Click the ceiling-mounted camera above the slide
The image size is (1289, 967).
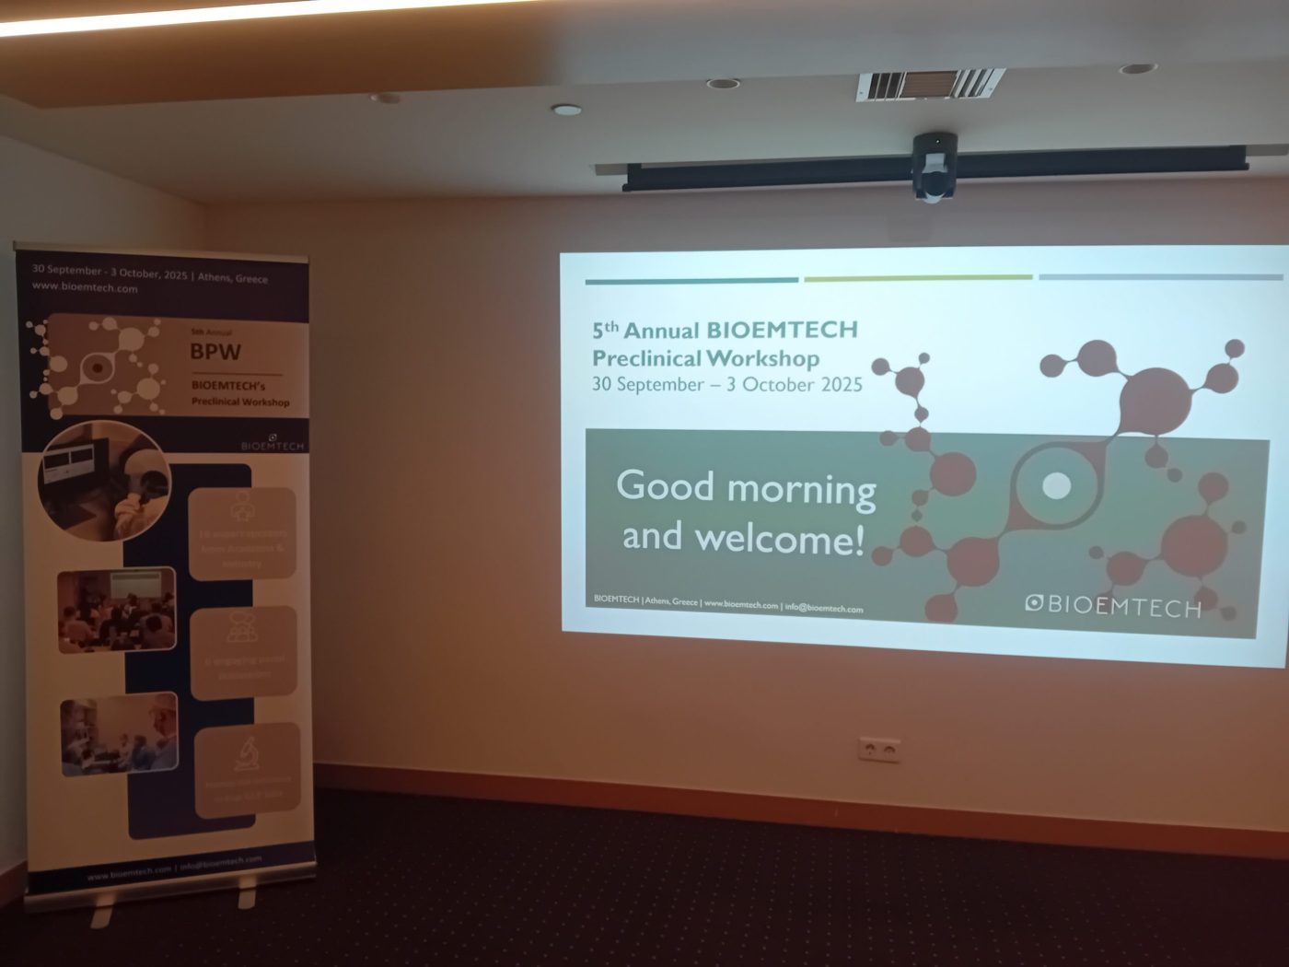933,167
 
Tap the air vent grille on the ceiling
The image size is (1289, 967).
929,85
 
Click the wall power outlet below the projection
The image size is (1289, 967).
878,749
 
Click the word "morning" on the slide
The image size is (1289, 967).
801,489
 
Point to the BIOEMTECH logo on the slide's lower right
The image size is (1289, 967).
1113,605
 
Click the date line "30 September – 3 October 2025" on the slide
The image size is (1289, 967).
726,385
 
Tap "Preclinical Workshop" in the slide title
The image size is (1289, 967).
705,357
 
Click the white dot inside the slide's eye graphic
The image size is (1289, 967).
1055,485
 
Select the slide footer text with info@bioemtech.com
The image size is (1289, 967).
728,604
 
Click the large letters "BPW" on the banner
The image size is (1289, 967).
215,351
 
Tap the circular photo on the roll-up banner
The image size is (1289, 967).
103,479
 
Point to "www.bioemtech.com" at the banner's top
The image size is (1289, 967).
85,287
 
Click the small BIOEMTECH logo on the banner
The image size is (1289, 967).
272,443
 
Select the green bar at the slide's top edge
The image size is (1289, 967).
917,277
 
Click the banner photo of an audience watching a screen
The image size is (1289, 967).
116,609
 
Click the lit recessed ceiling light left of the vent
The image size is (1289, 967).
566,110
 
